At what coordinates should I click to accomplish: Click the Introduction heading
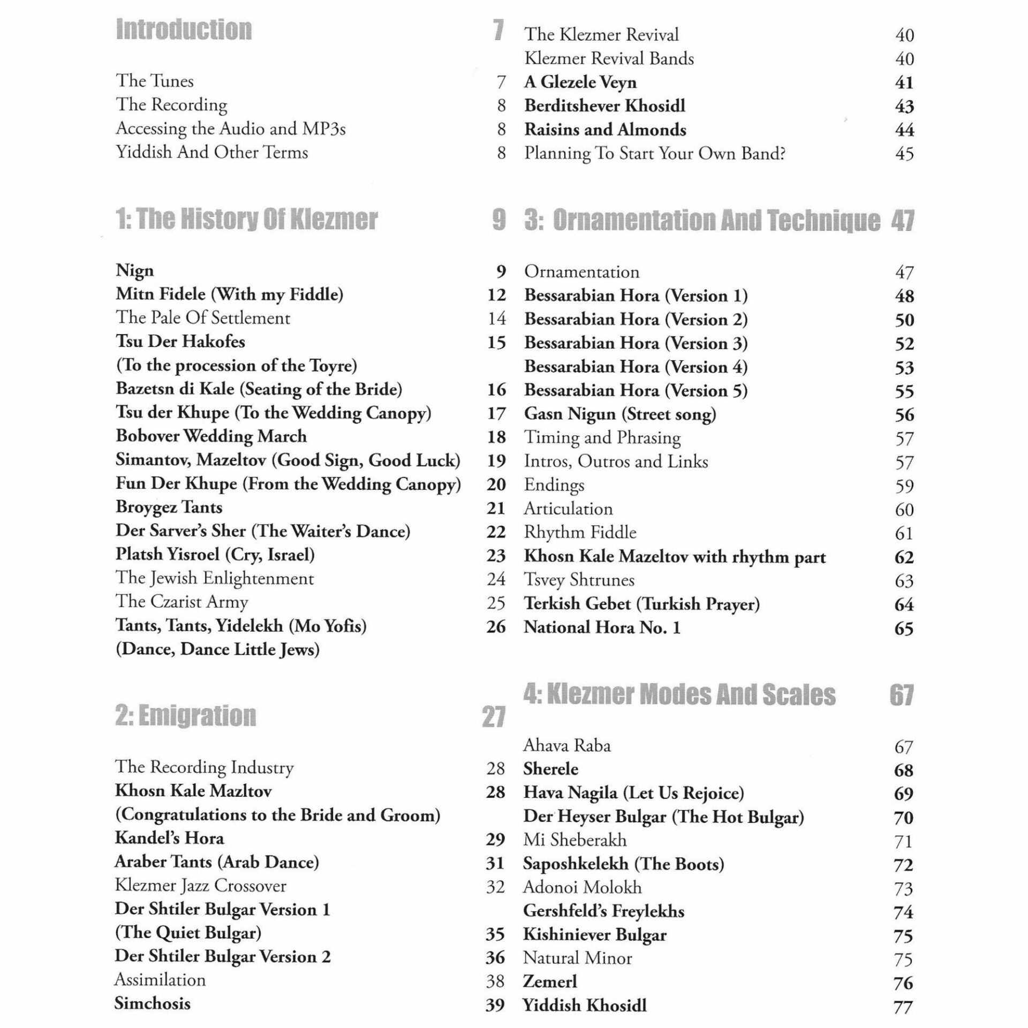184,30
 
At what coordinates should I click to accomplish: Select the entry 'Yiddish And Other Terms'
212,153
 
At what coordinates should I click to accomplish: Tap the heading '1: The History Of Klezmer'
247,220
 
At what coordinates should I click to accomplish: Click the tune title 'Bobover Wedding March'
211,436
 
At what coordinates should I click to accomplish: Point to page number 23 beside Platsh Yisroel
496,555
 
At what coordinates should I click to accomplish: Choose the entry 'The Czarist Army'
182,602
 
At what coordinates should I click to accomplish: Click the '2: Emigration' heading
186,716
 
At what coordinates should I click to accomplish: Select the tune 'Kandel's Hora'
169,838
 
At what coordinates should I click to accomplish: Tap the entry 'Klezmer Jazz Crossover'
201,886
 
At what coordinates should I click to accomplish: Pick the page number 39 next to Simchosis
495,1005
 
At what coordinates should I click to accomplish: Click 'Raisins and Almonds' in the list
605,130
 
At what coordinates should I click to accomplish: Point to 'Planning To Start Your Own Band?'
655,154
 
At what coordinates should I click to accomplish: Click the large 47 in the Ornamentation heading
903,221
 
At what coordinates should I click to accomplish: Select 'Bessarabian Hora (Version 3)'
636,343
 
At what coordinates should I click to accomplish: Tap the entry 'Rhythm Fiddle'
580,532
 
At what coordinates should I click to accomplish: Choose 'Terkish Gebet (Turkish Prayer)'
642,604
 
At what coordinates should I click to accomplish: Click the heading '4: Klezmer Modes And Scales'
679,695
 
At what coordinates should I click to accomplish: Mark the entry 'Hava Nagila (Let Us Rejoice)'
634,793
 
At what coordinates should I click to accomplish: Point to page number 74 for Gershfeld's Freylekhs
903,912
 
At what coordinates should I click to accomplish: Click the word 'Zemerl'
550,981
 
